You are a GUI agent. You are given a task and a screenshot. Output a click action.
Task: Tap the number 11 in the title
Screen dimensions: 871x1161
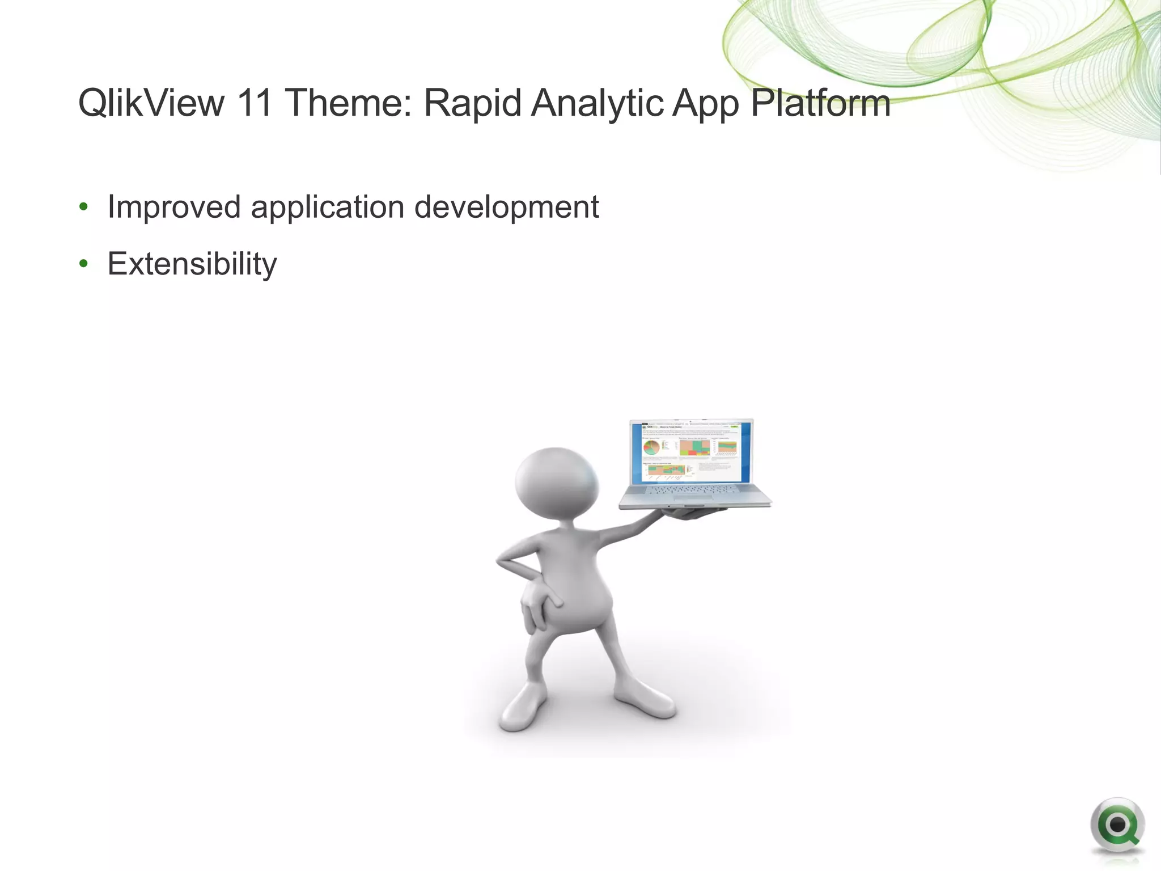click(254, 103)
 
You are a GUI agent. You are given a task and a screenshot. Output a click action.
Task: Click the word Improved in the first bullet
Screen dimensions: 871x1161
click(174, 207)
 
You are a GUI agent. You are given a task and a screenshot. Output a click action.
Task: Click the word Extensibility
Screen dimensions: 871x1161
click(192, 264)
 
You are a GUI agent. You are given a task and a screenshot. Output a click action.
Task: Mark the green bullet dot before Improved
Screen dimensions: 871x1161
click(84, 207)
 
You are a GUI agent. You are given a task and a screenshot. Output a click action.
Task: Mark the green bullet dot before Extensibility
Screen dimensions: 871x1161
click(84, 264)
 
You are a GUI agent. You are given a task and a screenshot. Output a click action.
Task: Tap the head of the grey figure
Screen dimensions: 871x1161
click(556, 483)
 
